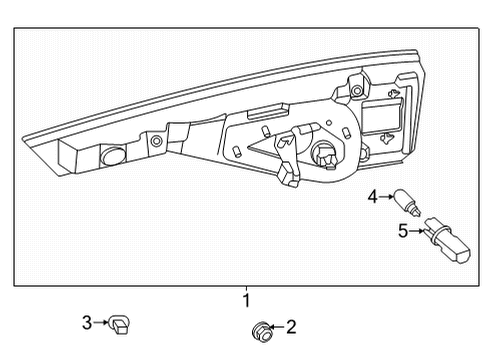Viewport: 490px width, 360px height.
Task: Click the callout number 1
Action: tap(246, 299)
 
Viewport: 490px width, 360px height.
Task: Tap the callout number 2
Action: tap(291, 326)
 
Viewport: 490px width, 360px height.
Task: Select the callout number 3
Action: tap(87, 321)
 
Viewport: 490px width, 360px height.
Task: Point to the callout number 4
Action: tap(371, 196)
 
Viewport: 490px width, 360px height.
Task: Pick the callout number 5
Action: tap(403, 231)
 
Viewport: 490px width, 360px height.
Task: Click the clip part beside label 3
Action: tap(123, 322)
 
